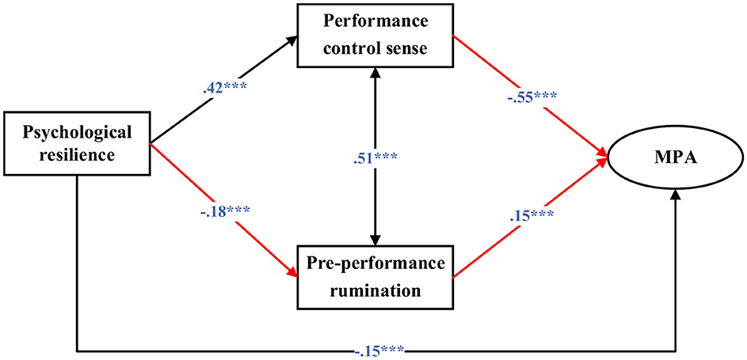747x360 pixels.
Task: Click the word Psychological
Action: click(x=77, y=131)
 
